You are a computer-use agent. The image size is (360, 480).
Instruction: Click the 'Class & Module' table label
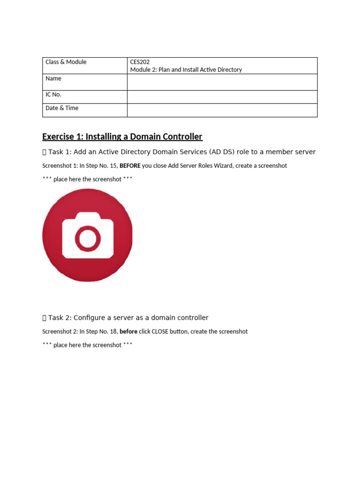(x=66, y=62)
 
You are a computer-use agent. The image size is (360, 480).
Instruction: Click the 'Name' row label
(x=53, y=78)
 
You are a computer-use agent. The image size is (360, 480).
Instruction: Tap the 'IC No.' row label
(x=53, y=94)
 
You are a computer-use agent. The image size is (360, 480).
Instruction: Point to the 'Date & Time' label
(x=62, y=108)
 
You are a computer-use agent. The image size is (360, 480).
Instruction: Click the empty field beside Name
(x=222, y=82)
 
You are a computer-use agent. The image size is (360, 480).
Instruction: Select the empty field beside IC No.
(x=222, y=97)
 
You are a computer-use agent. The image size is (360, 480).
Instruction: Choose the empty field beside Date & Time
(x=222, y=110)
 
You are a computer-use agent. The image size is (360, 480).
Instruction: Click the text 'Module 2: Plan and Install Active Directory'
(x=186, y=69)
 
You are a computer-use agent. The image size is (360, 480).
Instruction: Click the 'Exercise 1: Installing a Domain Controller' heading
(x=122, y=136)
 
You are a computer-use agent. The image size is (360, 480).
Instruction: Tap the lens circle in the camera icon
(x=87, y=238)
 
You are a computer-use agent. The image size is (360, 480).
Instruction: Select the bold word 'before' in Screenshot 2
(x=128, y=331)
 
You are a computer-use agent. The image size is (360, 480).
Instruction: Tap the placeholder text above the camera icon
(x=87, y=179)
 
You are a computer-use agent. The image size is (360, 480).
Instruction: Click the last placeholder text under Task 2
(x=87, y=345)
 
